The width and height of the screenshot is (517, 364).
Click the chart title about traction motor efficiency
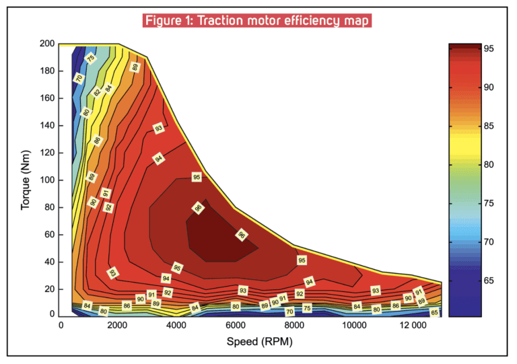click(257, 20)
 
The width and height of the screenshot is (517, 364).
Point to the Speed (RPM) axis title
click(251, 342)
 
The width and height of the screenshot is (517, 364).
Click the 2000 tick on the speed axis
click(118, 326)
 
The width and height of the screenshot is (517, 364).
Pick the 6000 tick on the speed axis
click(234, 326)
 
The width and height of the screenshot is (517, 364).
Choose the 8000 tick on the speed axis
click(293, 326)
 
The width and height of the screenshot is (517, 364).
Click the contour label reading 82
click(98, 92)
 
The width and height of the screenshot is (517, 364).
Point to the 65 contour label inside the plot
click(434, 312)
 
